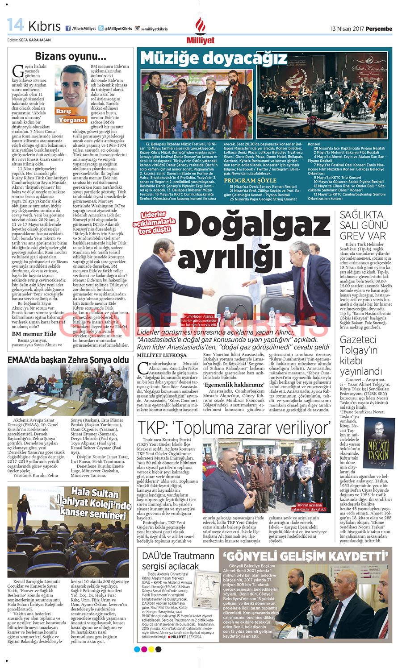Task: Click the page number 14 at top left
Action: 16,25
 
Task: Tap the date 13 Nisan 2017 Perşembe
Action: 361,29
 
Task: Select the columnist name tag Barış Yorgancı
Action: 71,115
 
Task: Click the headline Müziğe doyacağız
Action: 214,58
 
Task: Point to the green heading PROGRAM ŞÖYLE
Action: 250,180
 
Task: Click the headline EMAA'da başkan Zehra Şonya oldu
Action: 68,360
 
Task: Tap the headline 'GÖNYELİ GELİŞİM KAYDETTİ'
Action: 306,556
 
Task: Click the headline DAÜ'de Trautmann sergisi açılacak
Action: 178,561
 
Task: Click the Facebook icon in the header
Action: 68,28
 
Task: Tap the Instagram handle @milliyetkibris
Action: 154,29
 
